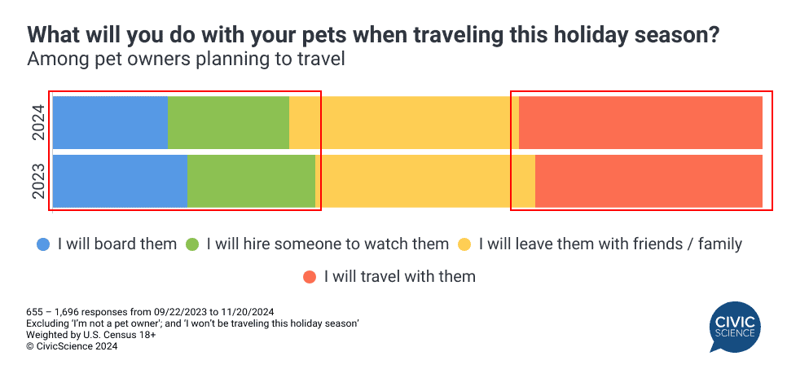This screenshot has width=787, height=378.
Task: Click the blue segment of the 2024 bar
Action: click(111, 122)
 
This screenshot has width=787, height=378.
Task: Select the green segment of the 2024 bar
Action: click(229, 122)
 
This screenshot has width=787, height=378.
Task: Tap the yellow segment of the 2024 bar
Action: click(404, 122)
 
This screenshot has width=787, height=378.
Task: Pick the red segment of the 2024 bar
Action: click(641, 122)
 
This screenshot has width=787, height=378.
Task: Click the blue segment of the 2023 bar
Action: click(120, 181)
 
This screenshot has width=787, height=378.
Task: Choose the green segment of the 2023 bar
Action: click(252, 181)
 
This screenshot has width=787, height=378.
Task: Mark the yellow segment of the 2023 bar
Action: click(425, 181)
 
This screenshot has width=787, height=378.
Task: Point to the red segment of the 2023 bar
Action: click(649, 181)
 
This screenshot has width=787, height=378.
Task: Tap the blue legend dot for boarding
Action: click(44, 245)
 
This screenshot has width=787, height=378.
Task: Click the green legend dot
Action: click(192, 245)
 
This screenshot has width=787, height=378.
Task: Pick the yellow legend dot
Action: click(464, 245)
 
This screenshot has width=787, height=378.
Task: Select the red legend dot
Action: click(310, 277)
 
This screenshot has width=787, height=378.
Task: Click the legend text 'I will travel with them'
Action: click(399, 276)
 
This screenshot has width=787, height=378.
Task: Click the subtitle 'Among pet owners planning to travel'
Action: click(186, 59)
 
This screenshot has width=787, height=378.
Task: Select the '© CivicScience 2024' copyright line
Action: click(72, 346)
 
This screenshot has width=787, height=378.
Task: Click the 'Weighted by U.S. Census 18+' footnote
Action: click(91, 334)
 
